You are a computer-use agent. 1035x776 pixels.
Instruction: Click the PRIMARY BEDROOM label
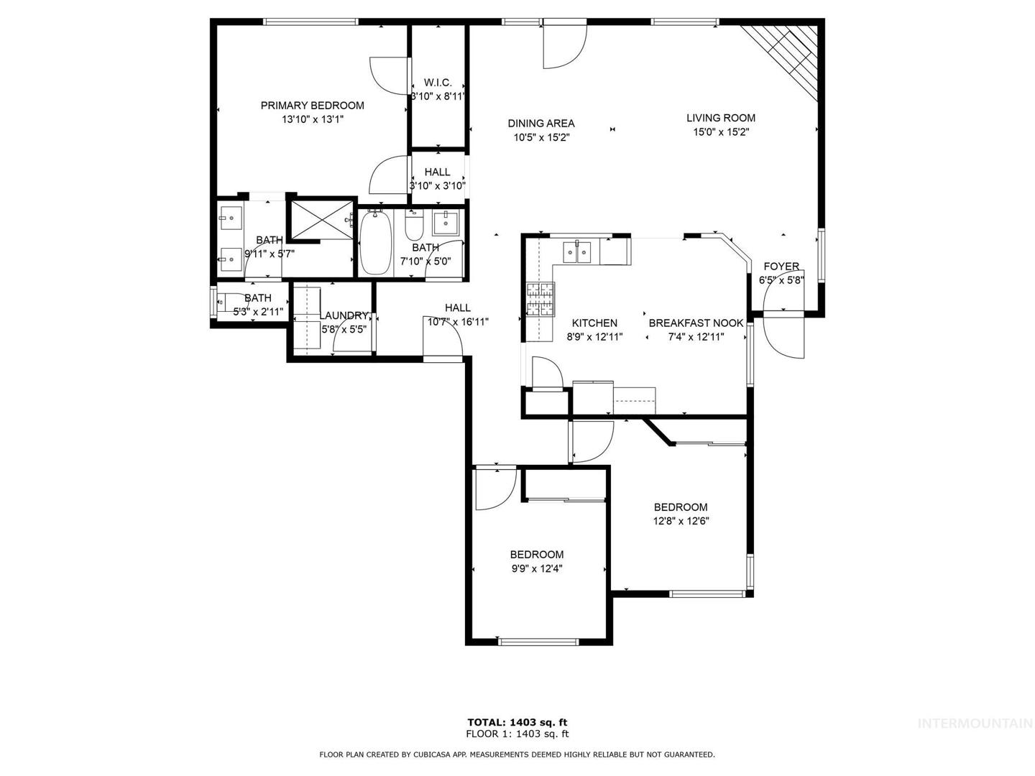click(x=312, y=106)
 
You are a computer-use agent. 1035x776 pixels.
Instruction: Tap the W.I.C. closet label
click(x=438, y=83)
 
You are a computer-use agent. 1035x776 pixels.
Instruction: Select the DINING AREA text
click(x=540, y=124)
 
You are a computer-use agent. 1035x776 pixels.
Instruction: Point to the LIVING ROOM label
click(x=720, y=118)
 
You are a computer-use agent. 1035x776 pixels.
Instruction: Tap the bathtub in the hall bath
click(x=375, y=243)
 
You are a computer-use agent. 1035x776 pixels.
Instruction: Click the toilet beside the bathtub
click(x=415, y=225)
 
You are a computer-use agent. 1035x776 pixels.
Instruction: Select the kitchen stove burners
click(x=540, y=299)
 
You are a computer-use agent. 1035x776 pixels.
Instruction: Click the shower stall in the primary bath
click(x=321, y=220)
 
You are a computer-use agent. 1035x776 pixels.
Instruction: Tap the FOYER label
click(x=781, y=266)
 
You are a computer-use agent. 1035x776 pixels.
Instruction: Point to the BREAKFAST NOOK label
click(x=696, y=323)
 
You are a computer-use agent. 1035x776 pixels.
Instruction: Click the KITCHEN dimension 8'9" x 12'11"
click(x=594, y=337)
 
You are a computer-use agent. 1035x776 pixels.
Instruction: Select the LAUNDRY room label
click(x=344, y=315)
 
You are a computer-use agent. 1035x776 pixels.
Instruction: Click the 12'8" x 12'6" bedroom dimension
click(x=681, y=521)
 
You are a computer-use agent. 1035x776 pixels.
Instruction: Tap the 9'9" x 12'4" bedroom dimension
click(x=537, y=568)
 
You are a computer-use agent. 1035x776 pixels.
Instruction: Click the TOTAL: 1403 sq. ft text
click(x=517, y=722)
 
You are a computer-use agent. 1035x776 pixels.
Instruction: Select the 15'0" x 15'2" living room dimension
click(x=721, y=132)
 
